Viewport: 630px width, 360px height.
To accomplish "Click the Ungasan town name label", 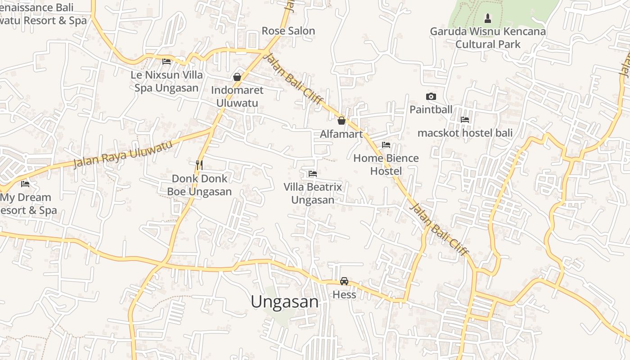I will click(284, 301).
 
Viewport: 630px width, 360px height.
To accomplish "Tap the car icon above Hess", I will click(344, 281).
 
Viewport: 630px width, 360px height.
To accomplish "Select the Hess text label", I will click(344, 295).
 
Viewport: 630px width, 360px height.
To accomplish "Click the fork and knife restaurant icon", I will click(199, 165).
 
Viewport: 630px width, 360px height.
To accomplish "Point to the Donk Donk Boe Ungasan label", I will click(199, 185).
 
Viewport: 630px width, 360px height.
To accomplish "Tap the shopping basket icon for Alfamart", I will click(342, 121).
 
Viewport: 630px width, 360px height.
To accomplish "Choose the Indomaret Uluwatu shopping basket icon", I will click(237, 77).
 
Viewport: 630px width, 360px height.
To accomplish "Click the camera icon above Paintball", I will click(431, 96).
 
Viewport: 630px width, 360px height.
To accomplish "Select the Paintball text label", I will click(431, 109).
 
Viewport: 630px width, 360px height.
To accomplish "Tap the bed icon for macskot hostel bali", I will click(465, 120).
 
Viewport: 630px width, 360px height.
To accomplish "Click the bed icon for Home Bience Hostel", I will click(386, 145).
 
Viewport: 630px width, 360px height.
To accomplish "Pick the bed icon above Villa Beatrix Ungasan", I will click(313, 174).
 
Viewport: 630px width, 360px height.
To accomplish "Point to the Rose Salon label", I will click(288, 31).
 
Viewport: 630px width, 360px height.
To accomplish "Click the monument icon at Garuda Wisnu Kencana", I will click(487, 18).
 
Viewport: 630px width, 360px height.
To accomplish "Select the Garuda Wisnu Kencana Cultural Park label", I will click(488, 38).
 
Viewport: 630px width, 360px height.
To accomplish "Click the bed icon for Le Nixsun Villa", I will click(166, 62).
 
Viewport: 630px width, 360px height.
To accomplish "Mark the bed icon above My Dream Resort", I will click(25, 184).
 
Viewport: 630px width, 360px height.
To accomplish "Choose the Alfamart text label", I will click(341, 134).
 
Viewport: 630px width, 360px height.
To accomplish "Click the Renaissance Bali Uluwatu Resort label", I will click(40, 14).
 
